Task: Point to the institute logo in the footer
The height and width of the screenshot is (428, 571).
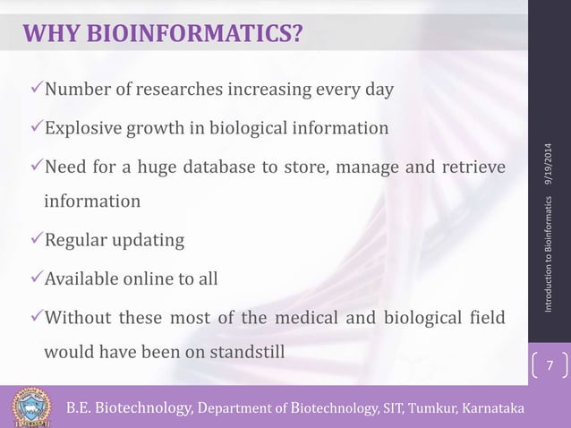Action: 32,407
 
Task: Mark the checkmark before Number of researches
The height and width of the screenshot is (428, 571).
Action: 36,90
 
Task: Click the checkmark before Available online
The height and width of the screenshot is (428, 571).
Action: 36,278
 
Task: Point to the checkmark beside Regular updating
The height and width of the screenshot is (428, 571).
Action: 36,241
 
